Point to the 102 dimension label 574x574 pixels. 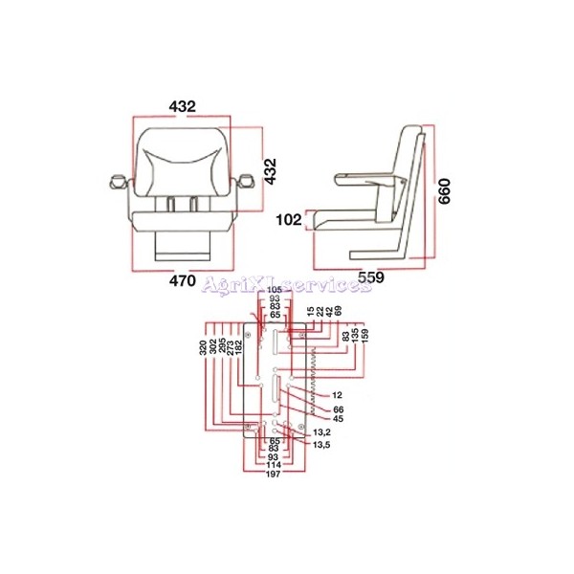[x=288, y=219]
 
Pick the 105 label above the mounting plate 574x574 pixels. [x=275, y=289]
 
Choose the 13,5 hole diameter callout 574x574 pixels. [x=322, y=445]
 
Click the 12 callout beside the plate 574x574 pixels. [x=337, y=394]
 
